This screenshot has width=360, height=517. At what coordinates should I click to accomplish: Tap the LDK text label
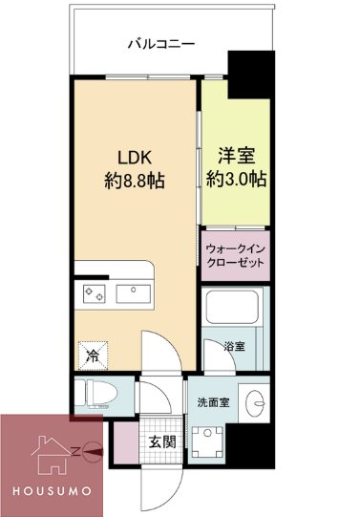tap(135, 158)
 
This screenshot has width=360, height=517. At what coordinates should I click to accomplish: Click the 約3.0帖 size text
tap(234, 180)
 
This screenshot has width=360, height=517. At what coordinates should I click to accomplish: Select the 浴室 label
tap(235, 347)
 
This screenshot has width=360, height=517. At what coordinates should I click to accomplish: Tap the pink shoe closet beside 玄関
tap(124, 442)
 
